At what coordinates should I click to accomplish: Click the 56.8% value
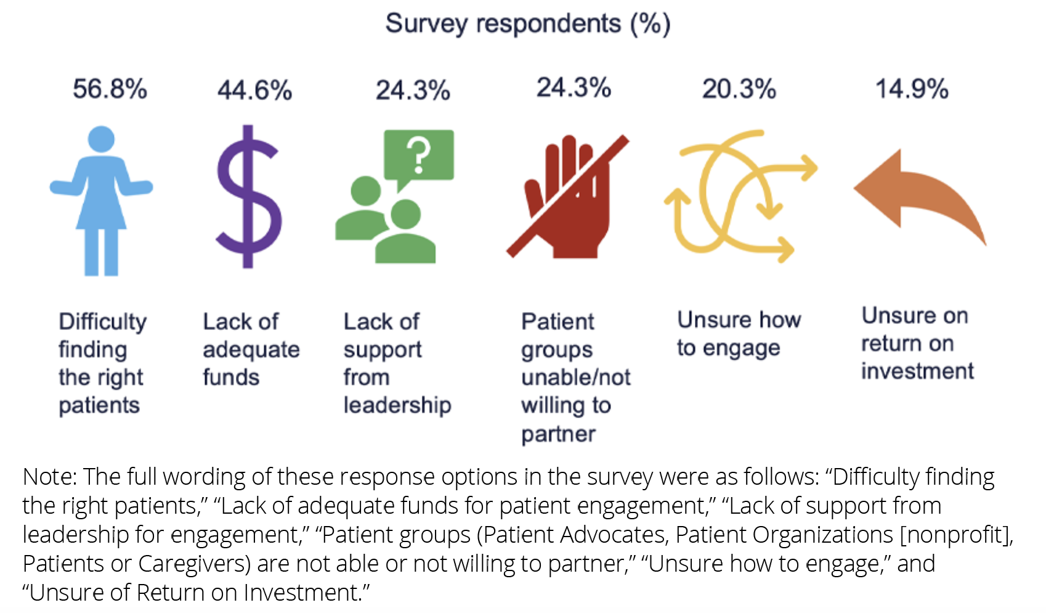pyautogui.click(x=110, y=89)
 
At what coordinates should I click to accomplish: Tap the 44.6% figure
pyautogui.click(x=254, y=90)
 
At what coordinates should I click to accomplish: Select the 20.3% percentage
pyautogui.click(x=739, y=89)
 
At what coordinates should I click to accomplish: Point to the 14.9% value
pyautogui.click(x=912, y=89)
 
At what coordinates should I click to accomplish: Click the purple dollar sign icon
pyautogui.click(x=248, y=197)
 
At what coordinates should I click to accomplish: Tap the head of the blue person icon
pyautogui.click(x=101, y=139)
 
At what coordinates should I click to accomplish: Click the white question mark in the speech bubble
pyautogui.click(x=419, y=155)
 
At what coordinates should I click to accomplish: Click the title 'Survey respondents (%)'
pyautogui.click(x=527, y=24)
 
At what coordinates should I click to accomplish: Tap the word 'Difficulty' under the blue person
pyautogui.click(x=103, y=321)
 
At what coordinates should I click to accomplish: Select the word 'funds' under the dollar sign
pyautogui.click(x=231, y=377)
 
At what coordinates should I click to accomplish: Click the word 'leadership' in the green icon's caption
pyautogui.click(x=397, y=405)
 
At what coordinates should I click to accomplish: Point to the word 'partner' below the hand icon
pyautogui.click(x=558, y=434)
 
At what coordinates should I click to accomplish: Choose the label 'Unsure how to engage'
pyautogui.click(x=738, y=334)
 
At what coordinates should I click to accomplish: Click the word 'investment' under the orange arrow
pyautogui.click(x=917, y=371)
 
